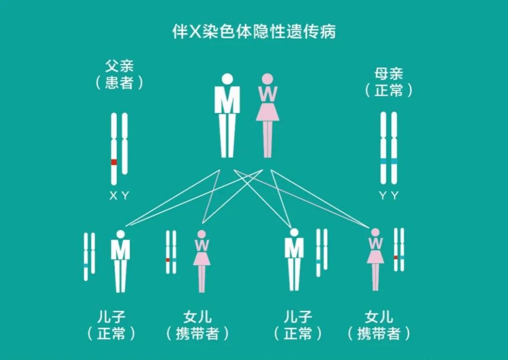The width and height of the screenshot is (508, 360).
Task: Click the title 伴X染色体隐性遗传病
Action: tap(254, 32)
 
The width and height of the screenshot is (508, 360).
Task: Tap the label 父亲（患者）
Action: tap(119, 75)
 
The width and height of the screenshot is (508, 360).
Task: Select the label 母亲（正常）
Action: tap(389, 82)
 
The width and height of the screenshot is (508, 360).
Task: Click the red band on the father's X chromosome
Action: tap(114, 162)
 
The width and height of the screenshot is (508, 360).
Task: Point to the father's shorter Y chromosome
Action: tap(125, 143)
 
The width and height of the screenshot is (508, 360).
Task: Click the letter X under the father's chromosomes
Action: tap(113, 196)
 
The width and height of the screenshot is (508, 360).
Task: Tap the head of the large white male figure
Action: tap(227, 80)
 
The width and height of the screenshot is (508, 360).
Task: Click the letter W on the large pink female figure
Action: tap(268, 94)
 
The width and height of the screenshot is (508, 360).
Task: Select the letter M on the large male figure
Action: tap(227, 99)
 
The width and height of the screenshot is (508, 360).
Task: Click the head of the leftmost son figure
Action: tap(121, 234)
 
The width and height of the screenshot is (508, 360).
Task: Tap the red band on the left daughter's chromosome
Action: tap(168, 260)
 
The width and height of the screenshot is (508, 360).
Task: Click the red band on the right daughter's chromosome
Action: tap(396, 257)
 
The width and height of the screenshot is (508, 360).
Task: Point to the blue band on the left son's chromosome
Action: tap(86, 265)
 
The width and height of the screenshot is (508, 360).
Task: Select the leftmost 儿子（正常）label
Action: tap(111, 325)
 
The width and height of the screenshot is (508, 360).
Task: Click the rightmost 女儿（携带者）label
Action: tap(379, 325)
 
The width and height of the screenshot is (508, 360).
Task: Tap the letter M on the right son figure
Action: tap(294, 248)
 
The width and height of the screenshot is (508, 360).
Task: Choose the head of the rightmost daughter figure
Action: tap(375, 232)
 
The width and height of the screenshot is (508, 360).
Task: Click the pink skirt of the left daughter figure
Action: tap(202, 258)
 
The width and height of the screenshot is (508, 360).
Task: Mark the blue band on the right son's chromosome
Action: tap(318, 262)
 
